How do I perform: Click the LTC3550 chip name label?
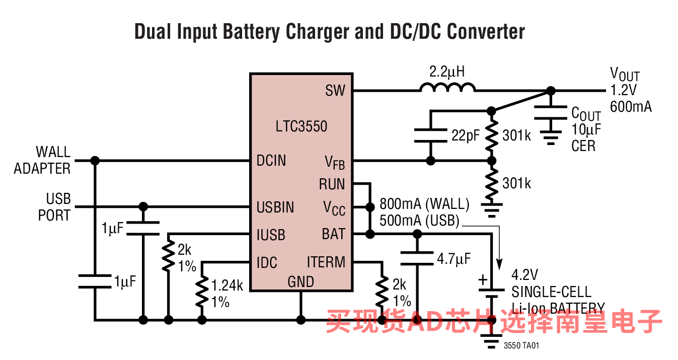coord(301,126)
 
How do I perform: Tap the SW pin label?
coord(335,90)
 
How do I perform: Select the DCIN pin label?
coord(271,161)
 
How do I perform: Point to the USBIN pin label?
coord(275,207)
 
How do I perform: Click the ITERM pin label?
coord(326,262)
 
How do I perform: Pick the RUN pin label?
coord(332,184)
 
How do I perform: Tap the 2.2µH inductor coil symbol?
coord(447,87)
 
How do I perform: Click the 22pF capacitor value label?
coord(466,135)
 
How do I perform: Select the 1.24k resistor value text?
coord(227,285)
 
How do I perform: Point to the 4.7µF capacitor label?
coord(454,259)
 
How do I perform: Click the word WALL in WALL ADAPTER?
coord(53,152)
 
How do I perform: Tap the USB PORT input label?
coord(54,207)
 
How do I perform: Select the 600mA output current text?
coord(631,107)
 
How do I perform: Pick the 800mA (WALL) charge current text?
coord(424,204)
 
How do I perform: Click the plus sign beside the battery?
coord(483,280)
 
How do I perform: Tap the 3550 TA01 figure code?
coord(521,346)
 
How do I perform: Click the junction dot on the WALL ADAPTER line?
coord(95,161)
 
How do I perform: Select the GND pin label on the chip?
coord(300,282)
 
